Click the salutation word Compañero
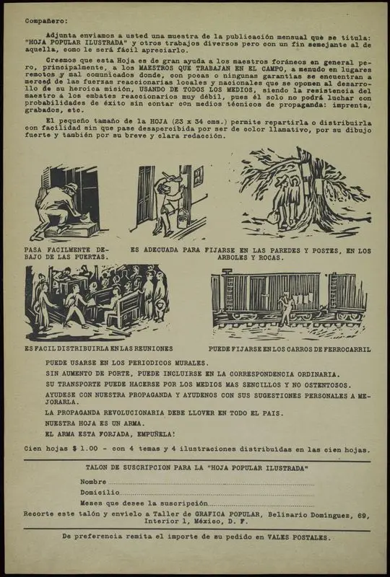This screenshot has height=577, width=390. click(42, 22)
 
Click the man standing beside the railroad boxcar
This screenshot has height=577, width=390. click(287, 309)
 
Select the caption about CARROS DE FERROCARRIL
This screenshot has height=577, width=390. click(290, 349)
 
